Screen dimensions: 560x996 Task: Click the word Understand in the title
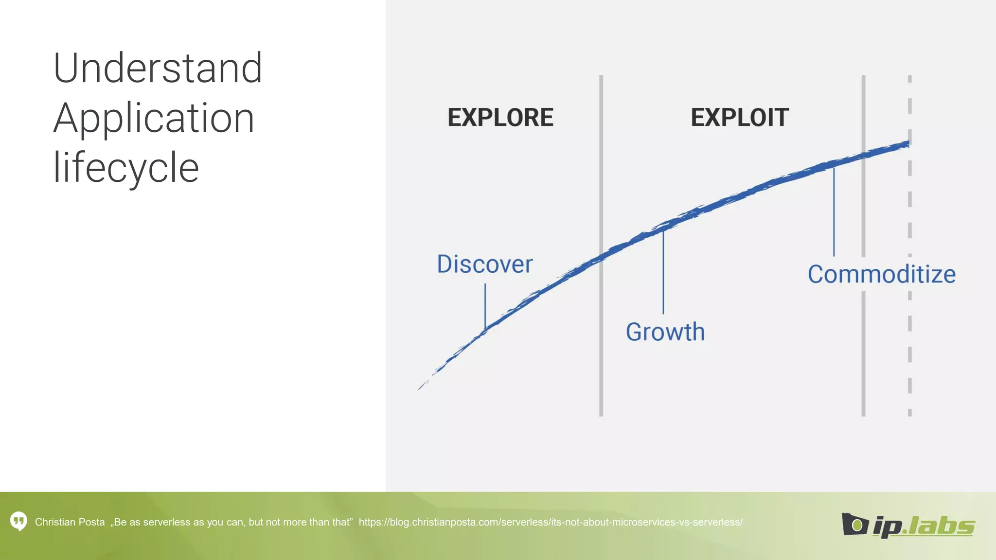(158, 69)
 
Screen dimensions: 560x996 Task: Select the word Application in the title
(154, 119)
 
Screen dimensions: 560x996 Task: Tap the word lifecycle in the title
(126, 168)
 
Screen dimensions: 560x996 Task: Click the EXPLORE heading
(500, 118)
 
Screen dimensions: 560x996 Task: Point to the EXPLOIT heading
(739, 118)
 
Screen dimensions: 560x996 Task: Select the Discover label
(484, 264)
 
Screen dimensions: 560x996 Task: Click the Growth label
(665, 332)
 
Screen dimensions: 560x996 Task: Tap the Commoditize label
(881, 275)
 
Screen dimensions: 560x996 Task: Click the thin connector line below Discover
(485, 306)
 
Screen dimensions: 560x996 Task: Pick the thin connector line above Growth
(663, 272)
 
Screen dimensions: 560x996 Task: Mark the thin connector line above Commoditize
(834, 211)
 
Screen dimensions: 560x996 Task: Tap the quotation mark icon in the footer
(18, 522)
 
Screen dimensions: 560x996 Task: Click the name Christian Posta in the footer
(70, 523)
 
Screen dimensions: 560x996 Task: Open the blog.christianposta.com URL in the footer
(550, 523)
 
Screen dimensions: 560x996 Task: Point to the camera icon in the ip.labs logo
(854, 524)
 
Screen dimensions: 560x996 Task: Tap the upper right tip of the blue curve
(907, 143)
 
